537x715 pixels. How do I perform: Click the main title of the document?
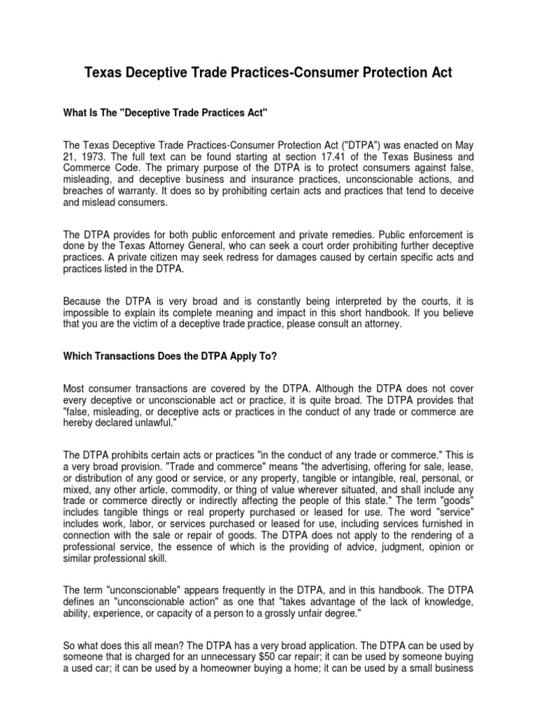268,73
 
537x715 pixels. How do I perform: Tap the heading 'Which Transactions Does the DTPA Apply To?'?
171,356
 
